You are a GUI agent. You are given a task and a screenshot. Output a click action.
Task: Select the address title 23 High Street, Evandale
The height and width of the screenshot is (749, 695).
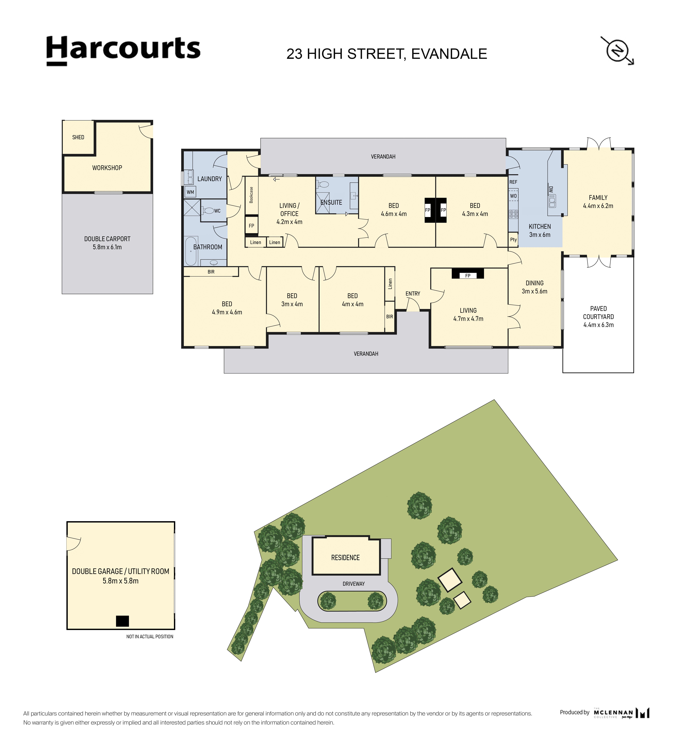coord(387,54)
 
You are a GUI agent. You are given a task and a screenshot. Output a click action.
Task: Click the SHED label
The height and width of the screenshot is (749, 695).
coord(78,137)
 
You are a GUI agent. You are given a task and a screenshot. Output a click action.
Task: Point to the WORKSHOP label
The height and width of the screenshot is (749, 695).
coord(107,168)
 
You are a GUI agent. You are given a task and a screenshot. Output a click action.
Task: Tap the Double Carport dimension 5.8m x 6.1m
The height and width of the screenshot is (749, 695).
coord(107,247)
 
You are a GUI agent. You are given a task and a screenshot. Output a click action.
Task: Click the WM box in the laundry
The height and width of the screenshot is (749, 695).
coord(190,192)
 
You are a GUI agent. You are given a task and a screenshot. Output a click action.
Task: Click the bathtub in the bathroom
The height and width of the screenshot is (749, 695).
coord(191,251)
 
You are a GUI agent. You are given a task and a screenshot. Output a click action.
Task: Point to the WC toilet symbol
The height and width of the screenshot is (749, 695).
coord(208,211)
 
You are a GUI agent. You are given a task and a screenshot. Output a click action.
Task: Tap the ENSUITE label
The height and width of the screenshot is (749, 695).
coord(331,202)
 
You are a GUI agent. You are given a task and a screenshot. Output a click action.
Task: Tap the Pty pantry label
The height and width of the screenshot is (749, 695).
coord(513,240)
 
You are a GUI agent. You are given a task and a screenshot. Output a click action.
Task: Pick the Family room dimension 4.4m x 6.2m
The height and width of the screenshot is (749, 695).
coord(598,206)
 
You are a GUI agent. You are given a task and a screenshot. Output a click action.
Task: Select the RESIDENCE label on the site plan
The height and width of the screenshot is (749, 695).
coord(345,557)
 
